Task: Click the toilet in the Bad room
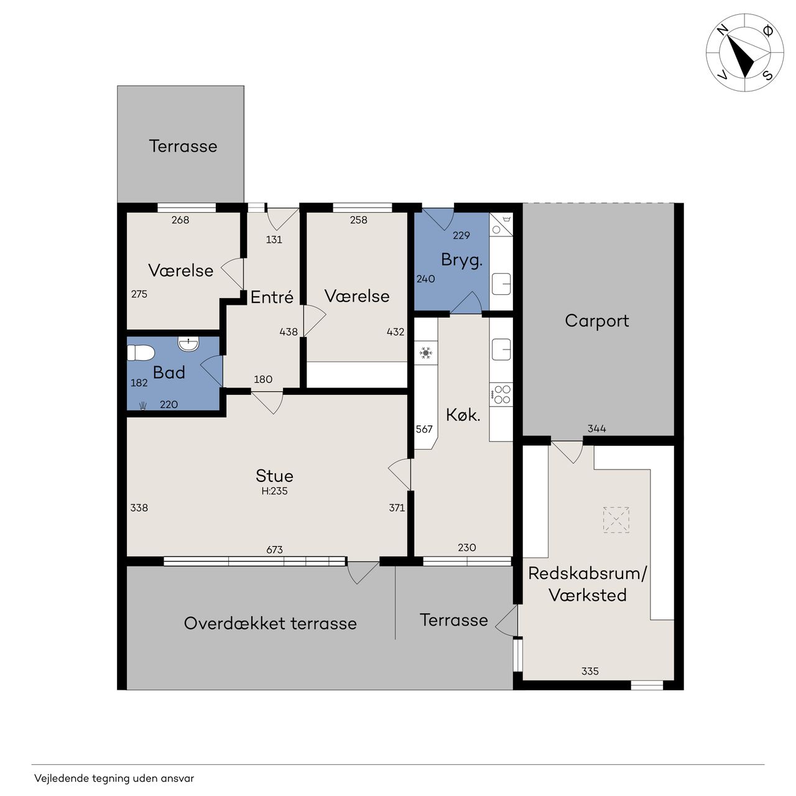coord(141,353)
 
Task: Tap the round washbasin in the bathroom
coord(188,343)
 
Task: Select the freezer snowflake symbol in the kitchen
coord(426,353)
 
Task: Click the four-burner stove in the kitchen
coord(501,394)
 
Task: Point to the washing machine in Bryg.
coord(501,224)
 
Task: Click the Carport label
coord(596,321)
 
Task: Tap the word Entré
coord(272,297)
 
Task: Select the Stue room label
coord(274,476)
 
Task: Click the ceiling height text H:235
coord(274,491)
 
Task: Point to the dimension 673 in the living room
coord(274,549)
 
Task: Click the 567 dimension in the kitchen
coord(424,428)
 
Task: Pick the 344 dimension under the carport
coord(597,428)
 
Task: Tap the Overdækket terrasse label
coord(270,623)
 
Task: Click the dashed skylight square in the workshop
coord(616,520)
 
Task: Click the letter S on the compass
coord(767,75)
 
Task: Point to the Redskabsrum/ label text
coord(588,573)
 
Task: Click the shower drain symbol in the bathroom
coord(143,405)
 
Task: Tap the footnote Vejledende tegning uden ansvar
coord(114,778)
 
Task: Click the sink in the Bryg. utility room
coord(501,284)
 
